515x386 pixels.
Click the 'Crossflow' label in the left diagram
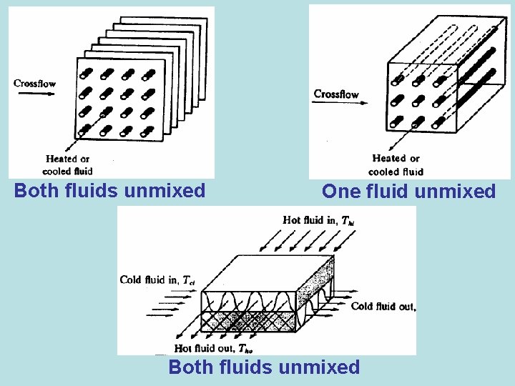tap(34, 84)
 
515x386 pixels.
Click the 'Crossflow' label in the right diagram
tap(336, 94)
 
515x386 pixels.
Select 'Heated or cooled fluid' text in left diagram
tap(68, 165)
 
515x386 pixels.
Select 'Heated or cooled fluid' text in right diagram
tap(396, 165)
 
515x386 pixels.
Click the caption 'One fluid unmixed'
tap(408, 192)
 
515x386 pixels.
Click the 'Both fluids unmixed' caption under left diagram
tap(110, 191)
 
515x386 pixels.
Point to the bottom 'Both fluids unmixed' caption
tap(264, 367)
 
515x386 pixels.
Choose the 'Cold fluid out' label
tap(383, 307)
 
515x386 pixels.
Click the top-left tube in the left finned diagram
tap(85, 74)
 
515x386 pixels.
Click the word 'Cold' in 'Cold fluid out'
tap(363, 307)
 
